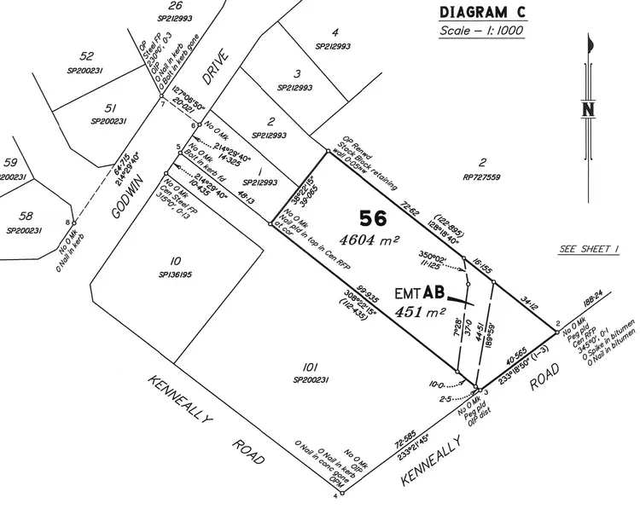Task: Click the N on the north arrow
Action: coord(587,109)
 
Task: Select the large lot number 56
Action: coord(373,217)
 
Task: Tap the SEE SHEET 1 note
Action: coord(589,249)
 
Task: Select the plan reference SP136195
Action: coord(175,275)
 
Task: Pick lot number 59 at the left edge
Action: coord(10,162)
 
